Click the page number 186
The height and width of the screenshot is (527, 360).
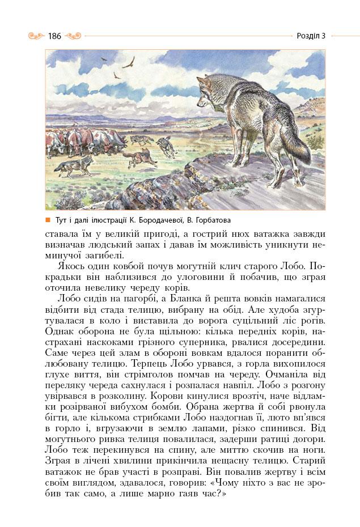54,36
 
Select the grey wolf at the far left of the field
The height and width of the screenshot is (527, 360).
77,165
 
